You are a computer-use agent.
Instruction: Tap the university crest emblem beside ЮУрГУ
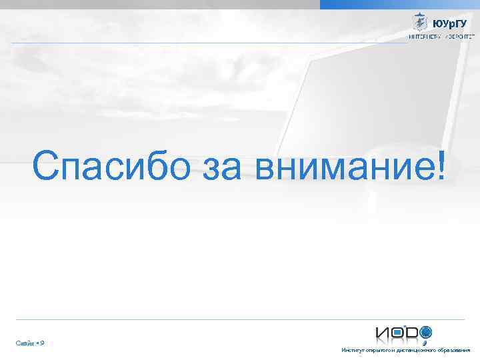[419, 22]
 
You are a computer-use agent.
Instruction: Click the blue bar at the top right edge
[400, 4]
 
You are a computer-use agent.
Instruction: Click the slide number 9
[42, 343]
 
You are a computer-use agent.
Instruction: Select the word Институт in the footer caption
[351, 350]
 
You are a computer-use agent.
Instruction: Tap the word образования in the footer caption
[453, 350]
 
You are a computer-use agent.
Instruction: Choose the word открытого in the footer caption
[375, 350]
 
